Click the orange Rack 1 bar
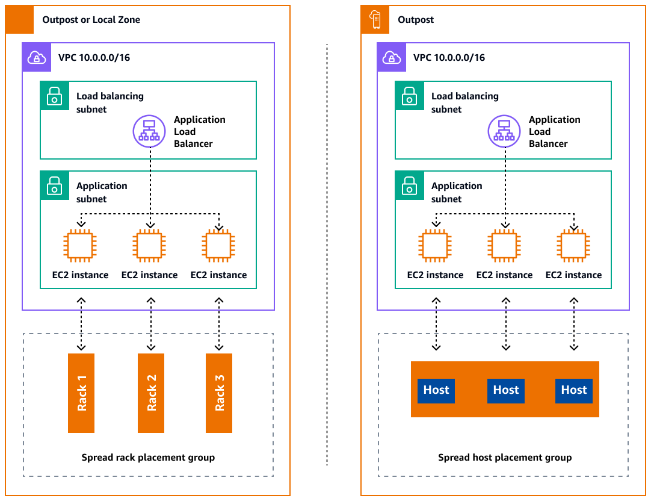(81, 393)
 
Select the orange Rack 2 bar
(151, 393)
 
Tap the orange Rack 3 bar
(219, 393)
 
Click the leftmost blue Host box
(436, 390)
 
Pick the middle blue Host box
(505, 390)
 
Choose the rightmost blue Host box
(574, 390)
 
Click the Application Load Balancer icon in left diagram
(149, 131)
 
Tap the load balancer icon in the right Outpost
(504, 131)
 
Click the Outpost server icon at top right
(375, 20)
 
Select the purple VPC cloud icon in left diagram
(36, 57)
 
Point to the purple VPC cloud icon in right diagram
(391, 57)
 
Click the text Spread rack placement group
(148, 458)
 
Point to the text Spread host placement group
(505, 458)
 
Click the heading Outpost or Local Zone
(91, 20)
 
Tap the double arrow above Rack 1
(81, 323)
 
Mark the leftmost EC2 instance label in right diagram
(435, 275)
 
